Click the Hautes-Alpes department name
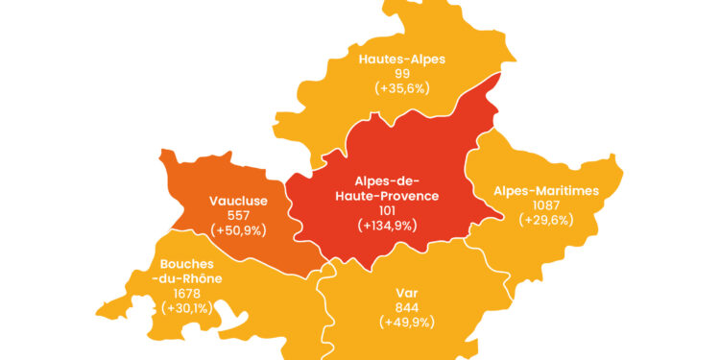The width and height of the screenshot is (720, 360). pyautogui.click(x=402, y=59)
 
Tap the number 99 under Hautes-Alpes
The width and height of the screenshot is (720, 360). pyautogui.click(x=402, y=73)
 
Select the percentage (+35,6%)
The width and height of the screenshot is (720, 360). pyautogui.click(x=402, y=87)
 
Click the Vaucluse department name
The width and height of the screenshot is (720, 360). pyautogui.click(x=238, y=202)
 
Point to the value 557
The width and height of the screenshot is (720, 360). pyautogui.click(x=238, y=216)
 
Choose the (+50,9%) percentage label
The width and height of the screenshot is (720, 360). pyautogui.click(x=238, y=230)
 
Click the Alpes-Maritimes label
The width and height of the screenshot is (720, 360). pyautogui.click(x=546, y=190)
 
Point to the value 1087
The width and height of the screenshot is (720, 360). pyautogui.click(x=546, y=204)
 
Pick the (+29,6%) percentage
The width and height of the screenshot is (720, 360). pyautogui.click(x=546, y=219)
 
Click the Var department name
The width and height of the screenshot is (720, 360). pyautogui.click(x=407, y=293)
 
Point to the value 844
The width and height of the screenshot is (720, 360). pyautogui.click(x=407, y=307)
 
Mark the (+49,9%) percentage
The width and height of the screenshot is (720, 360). pyautogui.click(x=407, y=322)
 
